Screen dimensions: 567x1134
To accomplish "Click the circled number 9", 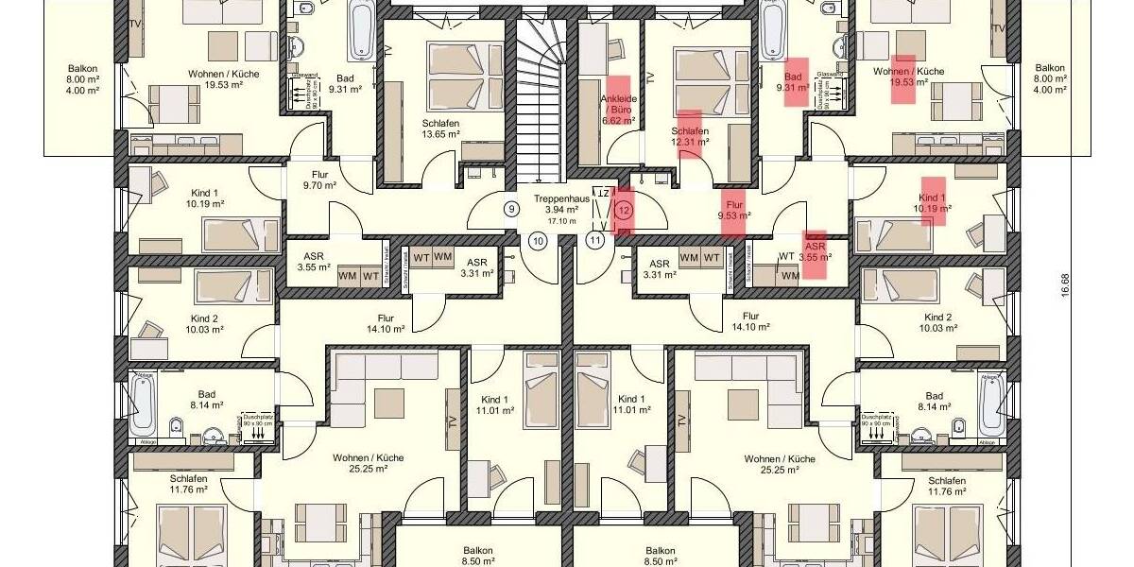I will tap(511, 209).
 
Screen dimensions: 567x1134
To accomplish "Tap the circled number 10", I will tap(538, 241).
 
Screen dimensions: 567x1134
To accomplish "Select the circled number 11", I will tap(595, 241).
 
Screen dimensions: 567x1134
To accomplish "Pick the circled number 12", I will tap(624, 210).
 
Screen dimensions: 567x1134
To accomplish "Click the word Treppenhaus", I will tap(561, 199).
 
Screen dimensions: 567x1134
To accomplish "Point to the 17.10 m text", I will tap(561, 221).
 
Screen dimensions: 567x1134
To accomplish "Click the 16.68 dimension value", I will tap(1065, 283).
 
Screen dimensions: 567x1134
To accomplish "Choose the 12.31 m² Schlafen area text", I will tap(690, 142).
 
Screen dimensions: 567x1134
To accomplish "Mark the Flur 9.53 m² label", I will tap(733, 209).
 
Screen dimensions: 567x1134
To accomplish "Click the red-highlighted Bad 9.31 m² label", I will tap(793, 82).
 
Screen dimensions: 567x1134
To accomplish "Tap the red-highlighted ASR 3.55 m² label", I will tap(814, 250).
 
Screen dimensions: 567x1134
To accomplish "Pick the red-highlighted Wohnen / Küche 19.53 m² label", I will tap(908, 77).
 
